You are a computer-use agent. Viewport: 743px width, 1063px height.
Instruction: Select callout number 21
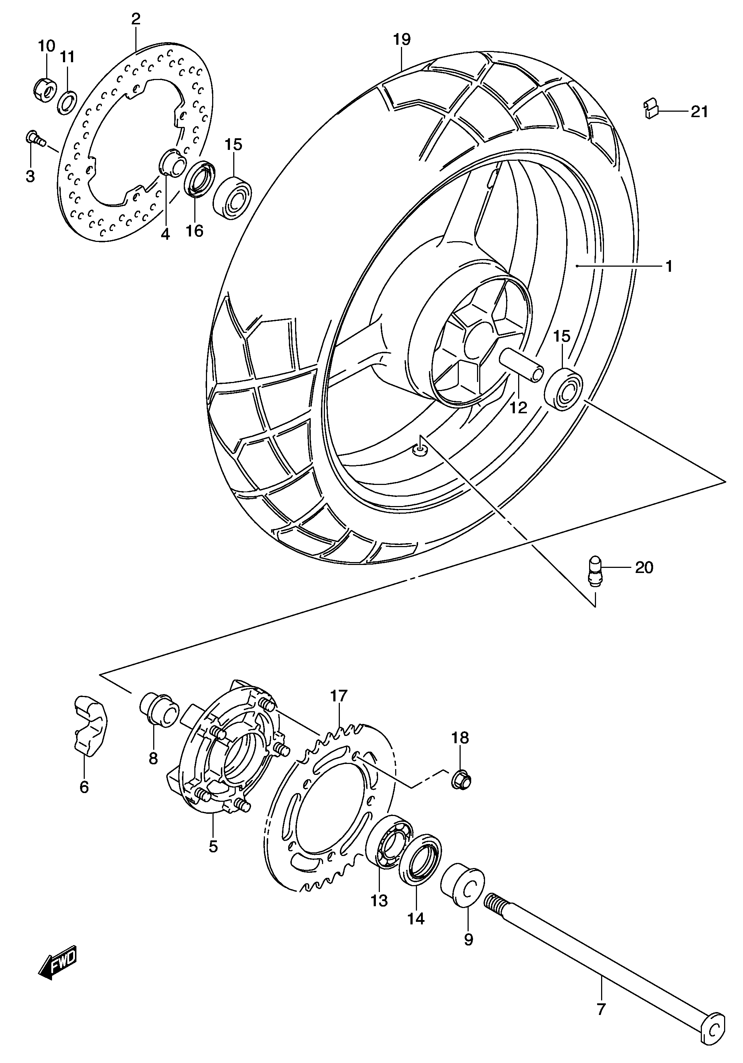tap(699, 112)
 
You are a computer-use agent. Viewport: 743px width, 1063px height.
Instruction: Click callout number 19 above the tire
tap(402, 39)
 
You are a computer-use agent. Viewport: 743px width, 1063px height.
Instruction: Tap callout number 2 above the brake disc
tap(135, 19)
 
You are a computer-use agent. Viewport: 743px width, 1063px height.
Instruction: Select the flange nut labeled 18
tap(461, 783)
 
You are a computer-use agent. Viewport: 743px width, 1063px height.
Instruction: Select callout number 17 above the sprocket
tap(338, 709)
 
